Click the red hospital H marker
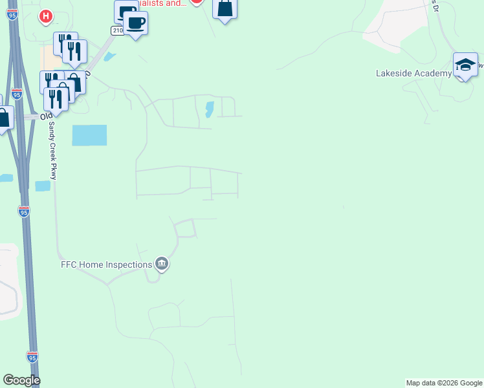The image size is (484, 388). click(45, 16)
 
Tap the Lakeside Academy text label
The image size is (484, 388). click(413, 73)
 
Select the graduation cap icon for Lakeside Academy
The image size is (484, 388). click(465, 65)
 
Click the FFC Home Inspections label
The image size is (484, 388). click(106, 264)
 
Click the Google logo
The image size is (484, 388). click(21, 380)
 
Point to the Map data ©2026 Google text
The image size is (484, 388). click(444, 383)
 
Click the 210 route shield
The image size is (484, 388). click(117, 30)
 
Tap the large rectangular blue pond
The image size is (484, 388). click(89, 135)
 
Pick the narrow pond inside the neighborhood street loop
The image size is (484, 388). click(209, 109)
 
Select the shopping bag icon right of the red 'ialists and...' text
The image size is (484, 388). click(225, 8)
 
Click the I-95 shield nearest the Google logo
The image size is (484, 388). click(32, 356)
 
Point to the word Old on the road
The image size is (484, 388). click(46, 116)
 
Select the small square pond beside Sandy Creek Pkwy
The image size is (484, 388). click(43, 186)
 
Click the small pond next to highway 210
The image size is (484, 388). click(109, 56)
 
